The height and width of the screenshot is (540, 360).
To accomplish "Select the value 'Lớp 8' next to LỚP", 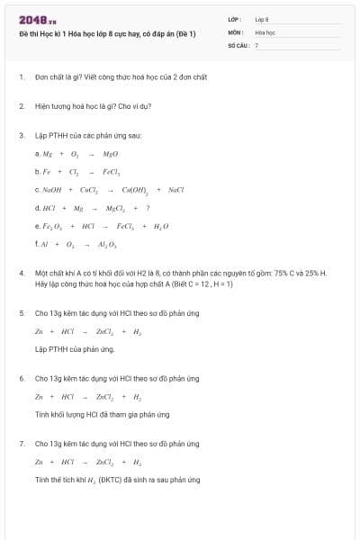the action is tap(262, 18).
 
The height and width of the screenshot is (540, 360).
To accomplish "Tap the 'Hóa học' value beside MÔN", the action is tap(265, 31).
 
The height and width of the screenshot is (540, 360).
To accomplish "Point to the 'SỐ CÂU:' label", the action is tap(238, 44).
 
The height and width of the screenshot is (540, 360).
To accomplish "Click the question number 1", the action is tap(21, 77).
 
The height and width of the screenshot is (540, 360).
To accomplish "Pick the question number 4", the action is tap(21, 272).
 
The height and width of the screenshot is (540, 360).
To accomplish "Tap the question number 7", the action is tap(21, 444).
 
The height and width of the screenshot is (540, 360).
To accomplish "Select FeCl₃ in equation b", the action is tap(112, 171).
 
